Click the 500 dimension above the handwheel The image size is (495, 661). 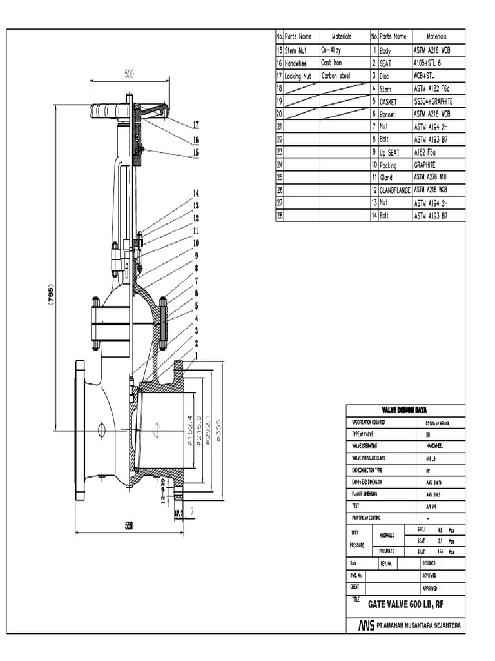coord(129,74)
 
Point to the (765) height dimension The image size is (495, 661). coord(52,294)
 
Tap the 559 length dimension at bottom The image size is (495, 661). coord(129,525)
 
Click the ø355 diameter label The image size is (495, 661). coord(219,430)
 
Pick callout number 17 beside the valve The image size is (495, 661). coord(195,125)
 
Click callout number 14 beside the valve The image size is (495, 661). coord(195,193)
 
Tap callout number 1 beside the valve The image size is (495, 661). coord(195,355)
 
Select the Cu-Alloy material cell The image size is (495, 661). coord(335,50)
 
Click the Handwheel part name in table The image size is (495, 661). coord(296,63)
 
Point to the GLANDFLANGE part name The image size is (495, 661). coord(394,190)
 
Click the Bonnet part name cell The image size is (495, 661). coord(391,114)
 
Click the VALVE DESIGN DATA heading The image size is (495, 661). coord(404,410)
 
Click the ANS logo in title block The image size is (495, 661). coord(366,626)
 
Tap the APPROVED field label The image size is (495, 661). coord(430,587)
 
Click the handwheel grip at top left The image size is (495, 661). coord(103,111)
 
